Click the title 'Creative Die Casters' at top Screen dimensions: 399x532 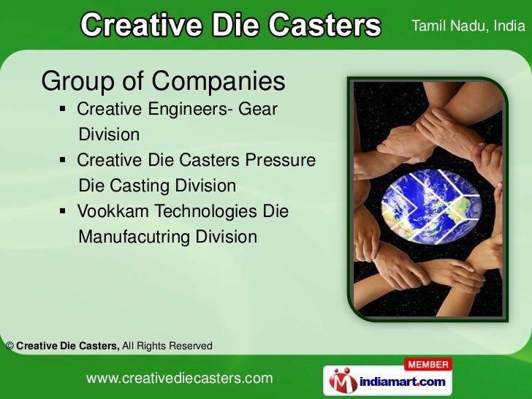[230, 26]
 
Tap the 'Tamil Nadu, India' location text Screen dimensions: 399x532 [468, 27]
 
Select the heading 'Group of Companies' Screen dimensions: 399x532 [163, 82]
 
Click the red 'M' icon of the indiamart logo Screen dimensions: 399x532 [341, 381]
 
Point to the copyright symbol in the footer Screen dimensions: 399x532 [9, 346]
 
